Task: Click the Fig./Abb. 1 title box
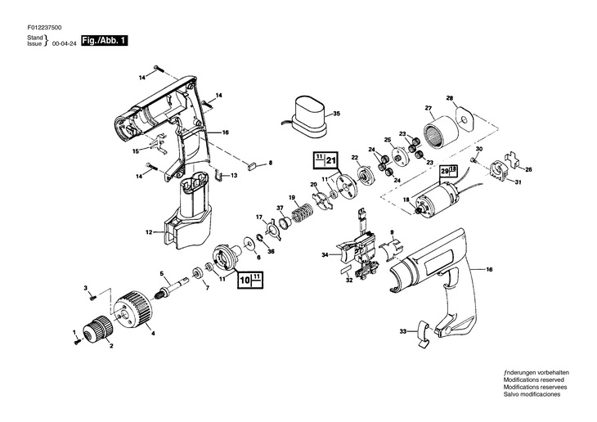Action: point(105,40)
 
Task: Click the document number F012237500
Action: point(44,28)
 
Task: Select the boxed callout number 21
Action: point(331,160)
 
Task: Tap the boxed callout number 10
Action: point(245,281)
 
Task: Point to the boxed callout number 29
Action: point(445,172)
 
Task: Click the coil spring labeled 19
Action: point(302,210)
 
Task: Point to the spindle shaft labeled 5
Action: point(173,290)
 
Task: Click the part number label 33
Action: point(403,331)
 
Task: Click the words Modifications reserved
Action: point(534,379)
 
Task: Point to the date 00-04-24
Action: point(64,44)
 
